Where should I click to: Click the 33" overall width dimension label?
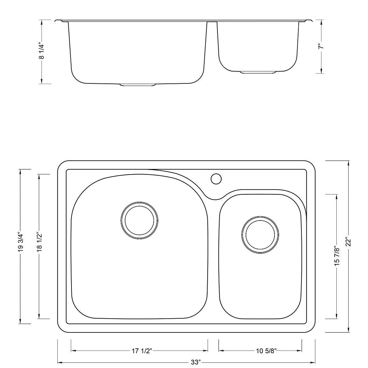195,362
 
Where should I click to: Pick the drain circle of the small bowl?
260,235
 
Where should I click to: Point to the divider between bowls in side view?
212,22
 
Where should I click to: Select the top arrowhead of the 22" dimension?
348,163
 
